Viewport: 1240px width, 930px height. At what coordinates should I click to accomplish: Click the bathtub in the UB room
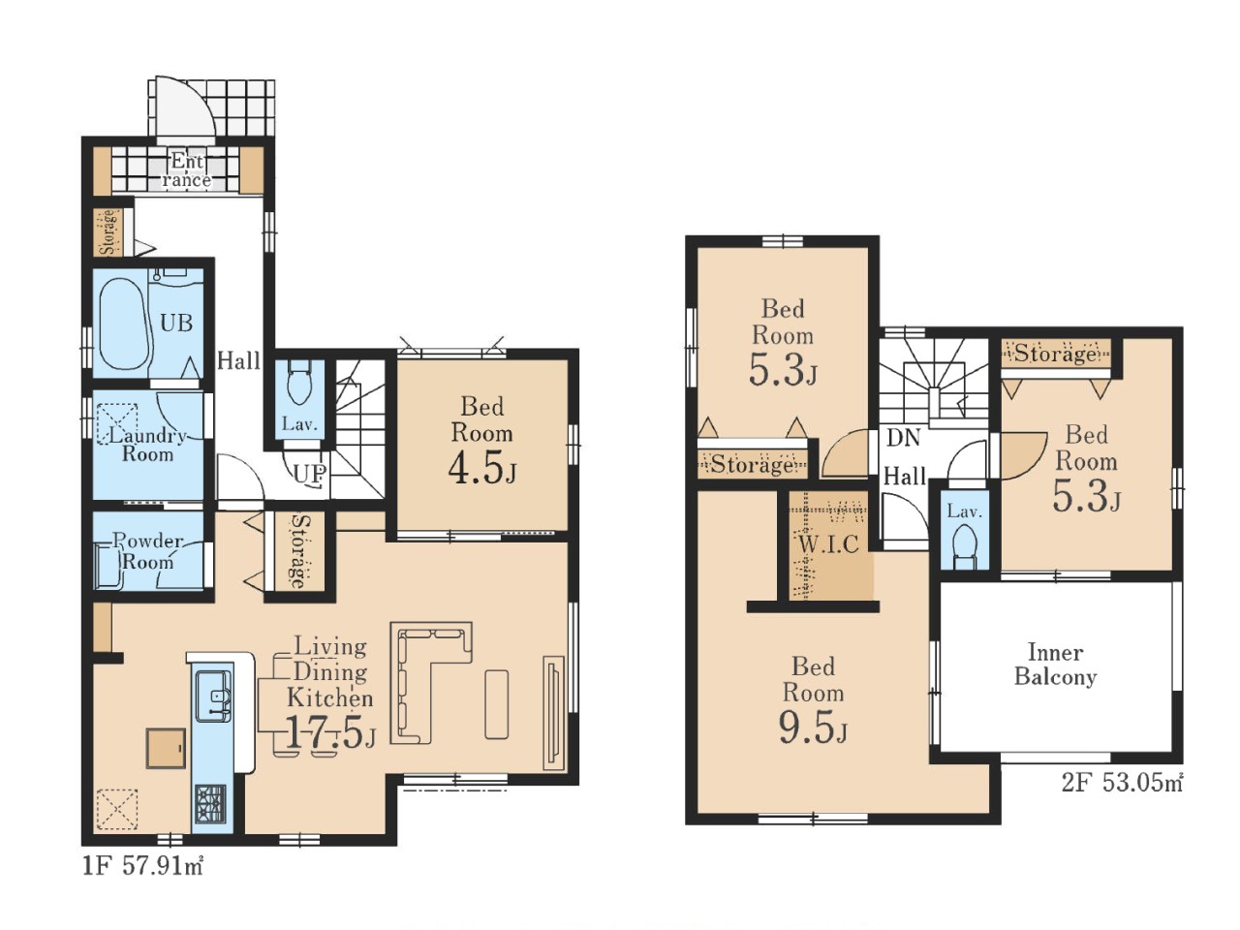tap(125, 323)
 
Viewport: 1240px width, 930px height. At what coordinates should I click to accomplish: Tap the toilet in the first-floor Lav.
tap(299, 383)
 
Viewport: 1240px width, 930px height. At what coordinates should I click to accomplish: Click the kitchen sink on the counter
tap(213, 696)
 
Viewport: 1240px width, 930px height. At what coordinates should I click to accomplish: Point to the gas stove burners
tap(211, 804)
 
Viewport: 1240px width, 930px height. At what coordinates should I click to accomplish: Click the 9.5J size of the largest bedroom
tap(813, 728)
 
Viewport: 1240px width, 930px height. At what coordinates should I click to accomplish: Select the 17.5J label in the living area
tap(330, 733)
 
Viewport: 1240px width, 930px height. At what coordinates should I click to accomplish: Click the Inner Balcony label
tap(1055, 664)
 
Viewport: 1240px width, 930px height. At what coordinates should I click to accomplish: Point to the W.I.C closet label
tap(829, 543)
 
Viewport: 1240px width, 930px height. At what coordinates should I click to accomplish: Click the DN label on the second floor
tap(903, 438)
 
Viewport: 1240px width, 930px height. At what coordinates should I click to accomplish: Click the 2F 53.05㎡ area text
tap(1122, 783)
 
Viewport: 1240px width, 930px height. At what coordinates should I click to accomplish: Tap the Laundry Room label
tap(147, 445)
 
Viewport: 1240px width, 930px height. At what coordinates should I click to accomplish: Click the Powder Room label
tap(147, 551)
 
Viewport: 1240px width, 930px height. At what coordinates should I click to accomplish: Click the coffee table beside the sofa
tap(497, 703)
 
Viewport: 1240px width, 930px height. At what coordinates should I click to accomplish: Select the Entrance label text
tap(186, 170)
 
